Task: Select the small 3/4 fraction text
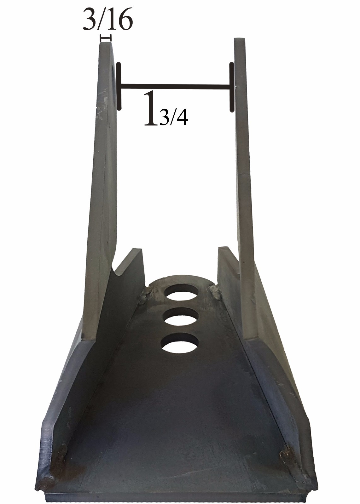click(173, 119)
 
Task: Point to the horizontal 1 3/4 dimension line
click(175, 85)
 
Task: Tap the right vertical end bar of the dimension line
click(232, 87)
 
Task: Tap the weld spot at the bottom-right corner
click(287, 456)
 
